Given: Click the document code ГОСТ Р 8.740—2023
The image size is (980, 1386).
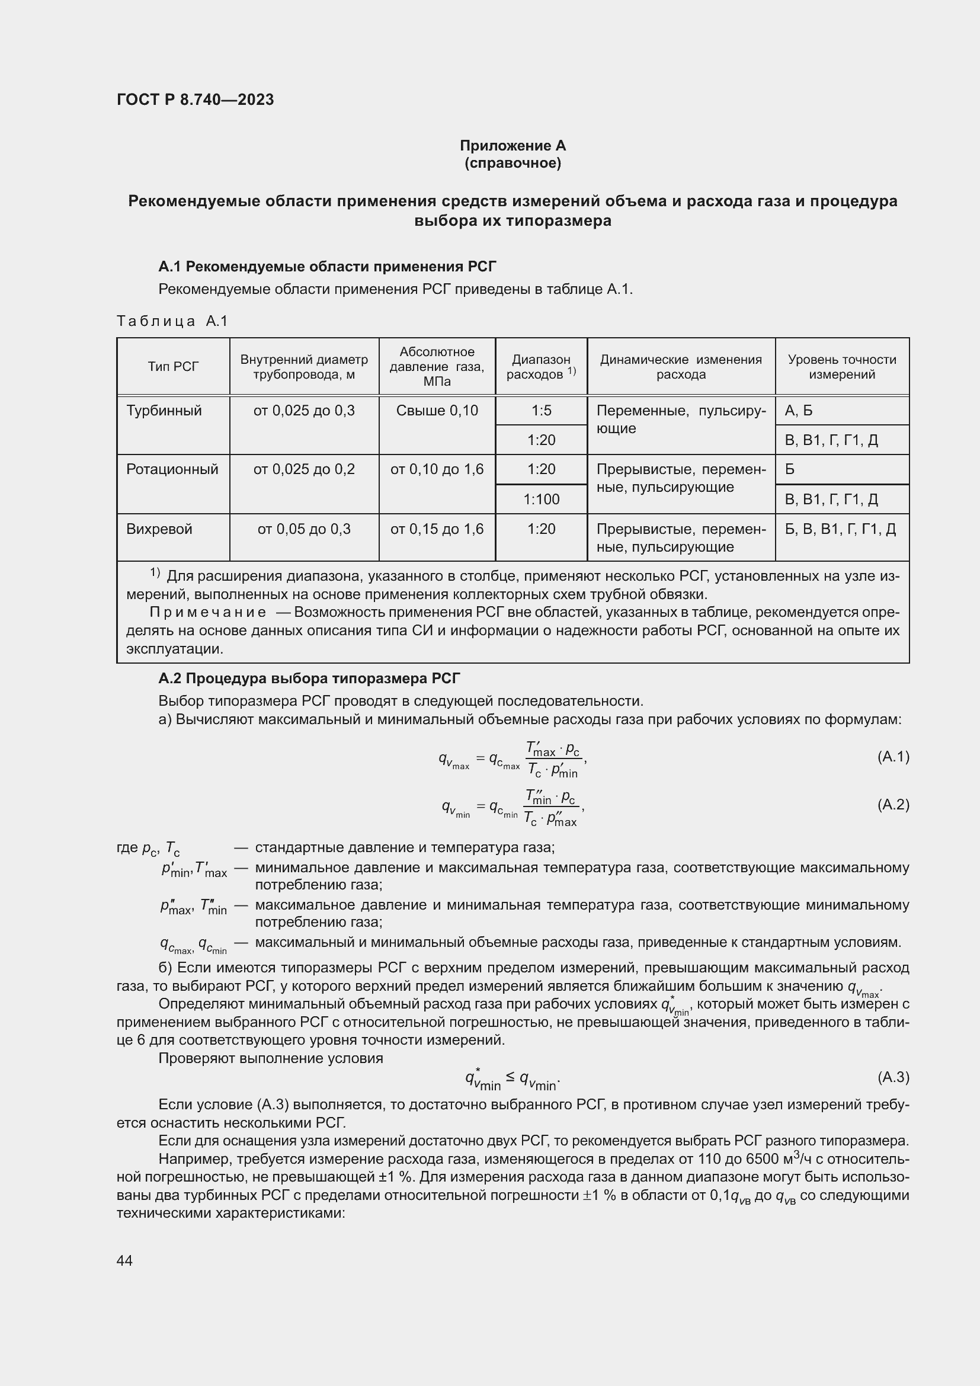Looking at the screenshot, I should (195, 100).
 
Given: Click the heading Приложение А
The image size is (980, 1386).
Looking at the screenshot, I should (513, 146).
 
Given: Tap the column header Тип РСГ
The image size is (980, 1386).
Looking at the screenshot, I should (172, 366).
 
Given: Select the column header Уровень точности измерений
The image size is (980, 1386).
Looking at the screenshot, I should (842, 366).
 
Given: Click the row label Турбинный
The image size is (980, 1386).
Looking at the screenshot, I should (164, 411).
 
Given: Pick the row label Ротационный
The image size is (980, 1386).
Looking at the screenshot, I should (172, 469).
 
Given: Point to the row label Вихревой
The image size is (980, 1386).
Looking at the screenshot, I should (159, 529).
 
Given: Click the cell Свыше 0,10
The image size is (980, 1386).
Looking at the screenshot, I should (437, 411).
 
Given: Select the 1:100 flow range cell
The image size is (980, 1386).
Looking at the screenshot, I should (542, 499).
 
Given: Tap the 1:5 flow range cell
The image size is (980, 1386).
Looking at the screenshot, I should (542, 411).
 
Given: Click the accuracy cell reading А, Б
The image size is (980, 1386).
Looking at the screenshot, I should (798, 411).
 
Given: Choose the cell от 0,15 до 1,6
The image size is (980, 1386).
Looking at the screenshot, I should (437, 529).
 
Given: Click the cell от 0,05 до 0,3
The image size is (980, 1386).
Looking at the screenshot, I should (304, 529).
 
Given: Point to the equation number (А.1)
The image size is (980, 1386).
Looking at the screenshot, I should (892, 756).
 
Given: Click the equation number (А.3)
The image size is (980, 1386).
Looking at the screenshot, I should (892, 1077).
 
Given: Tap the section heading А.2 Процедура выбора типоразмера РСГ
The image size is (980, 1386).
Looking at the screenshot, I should (309, 678).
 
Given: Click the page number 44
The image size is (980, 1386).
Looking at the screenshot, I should (124, 1260).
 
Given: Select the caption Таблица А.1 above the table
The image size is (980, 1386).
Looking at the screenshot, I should (172, 321).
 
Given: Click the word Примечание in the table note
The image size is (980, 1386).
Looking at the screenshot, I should (207, 612).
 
